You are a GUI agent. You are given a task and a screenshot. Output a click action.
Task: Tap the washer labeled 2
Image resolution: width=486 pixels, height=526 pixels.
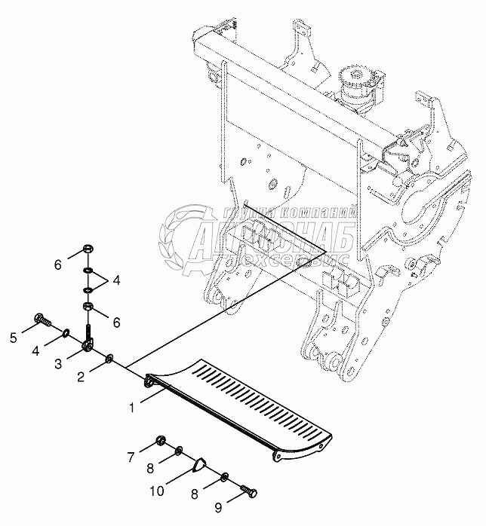pyautogui.click(x=109, y=357)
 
